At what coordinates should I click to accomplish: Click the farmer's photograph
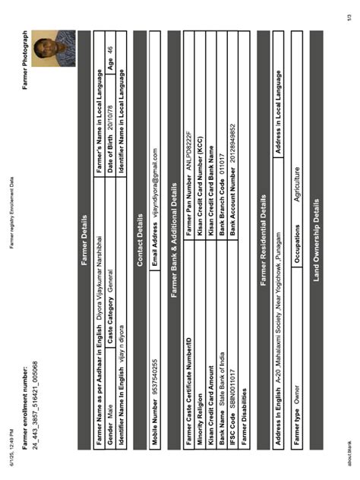click(54, 48)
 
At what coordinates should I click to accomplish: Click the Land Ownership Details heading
click(311, 241)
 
